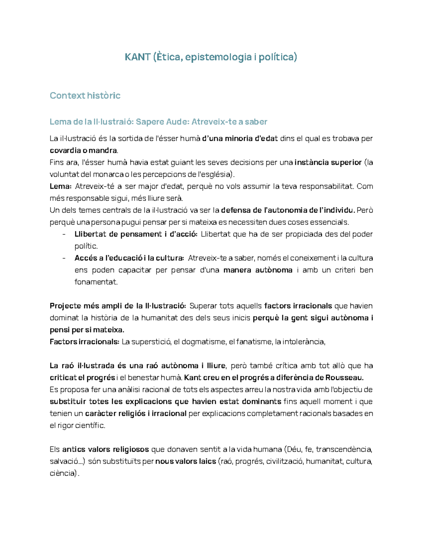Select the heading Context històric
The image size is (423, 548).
[85, 96]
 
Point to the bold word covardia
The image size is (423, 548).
[65, 150]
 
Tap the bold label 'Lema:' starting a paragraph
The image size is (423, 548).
[61, 186]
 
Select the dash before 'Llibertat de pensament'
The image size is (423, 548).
[63, 234]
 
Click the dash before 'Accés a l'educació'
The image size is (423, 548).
[63, 258]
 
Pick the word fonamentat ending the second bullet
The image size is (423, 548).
[95, 282]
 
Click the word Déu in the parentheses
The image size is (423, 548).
[294, 450]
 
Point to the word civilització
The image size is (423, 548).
[285, 462]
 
